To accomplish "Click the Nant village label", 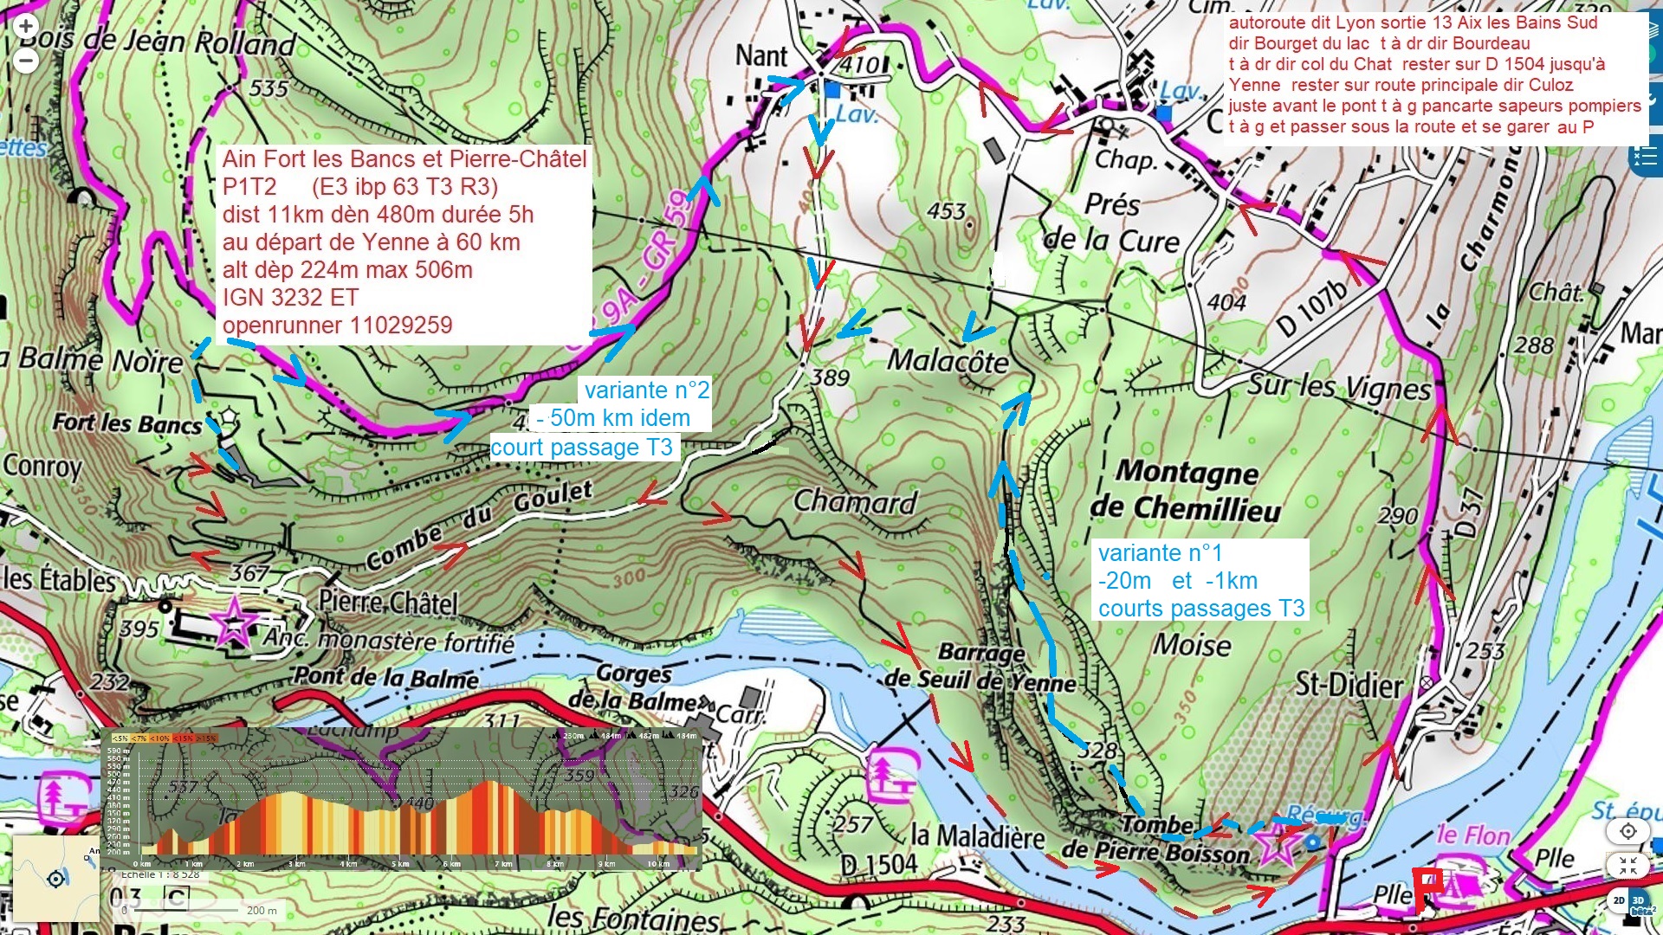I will pos(761,56).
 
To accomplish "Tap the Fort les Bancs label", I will pos(126,423).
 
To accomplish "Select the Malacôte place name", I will pos(948,360).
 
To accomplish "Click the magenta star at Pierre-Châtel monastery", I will pos(234,621).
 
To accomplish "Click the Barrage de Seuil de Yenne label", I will pos(980,667).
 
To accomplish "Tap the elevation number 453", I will pos(946,211).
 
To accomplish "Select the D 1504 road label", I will pos(878,863).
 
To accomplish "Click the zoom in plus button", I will pos(26,26).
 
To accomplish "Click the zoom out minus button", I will pos(26,61).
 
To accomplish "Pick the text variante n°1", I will pos(1160,553).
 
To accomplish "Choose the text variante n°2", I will pos(646,390).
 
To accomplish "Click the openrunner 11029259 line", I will pos(337,326).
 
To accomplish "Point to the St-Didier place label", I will pos(1349,686).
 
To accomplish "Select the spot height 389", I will pos(830,377).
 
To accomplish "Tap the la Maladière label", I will pos(978,836).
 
